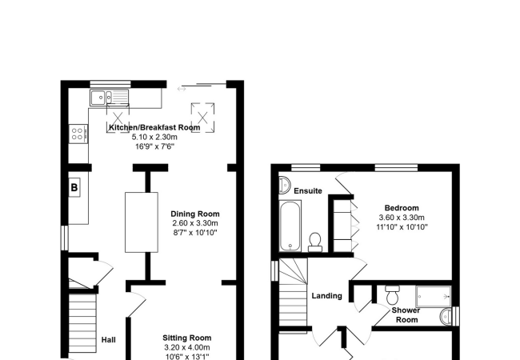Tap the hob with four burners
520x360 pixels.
pos(78,132)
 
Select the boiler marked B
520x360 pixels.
pos(74,188)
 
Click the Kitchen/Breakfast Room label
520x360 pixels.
pos(154,128)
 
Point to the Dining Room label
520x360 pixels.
pos(194,214)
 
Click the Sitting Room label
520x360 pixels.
pos(186,338)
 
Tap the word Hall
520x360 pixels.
pos(108,340)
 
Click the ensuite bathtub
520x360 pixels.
pos(290,226)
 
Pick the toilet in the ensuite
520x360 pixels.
pos(315,241)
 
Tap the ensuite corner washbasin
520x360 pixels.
pos(284,186)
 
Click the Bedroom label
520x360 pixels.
pos(402,207)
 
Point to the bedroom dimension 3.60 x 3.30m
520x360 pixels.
pos(402,218)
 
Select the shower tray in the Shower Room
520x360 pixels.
pos(434,295)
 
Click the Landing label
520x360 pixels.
pos(327,295)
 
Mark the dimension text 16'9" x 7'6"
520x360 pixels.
pos(154,147)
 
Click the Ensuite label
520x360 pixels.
pos(308,191)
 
